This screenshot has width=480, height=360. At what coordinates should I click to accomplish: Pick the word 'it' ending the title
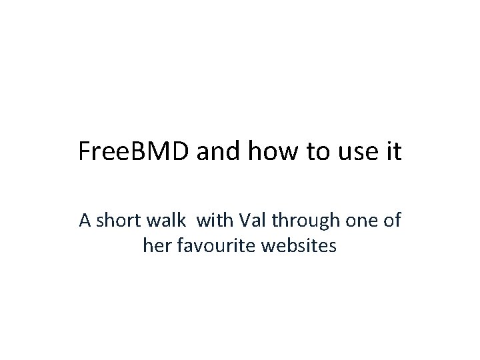tap(390, 152)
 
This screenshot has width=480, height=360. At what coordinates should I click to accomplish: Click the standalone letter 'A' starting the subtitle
tap(85, 221)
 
